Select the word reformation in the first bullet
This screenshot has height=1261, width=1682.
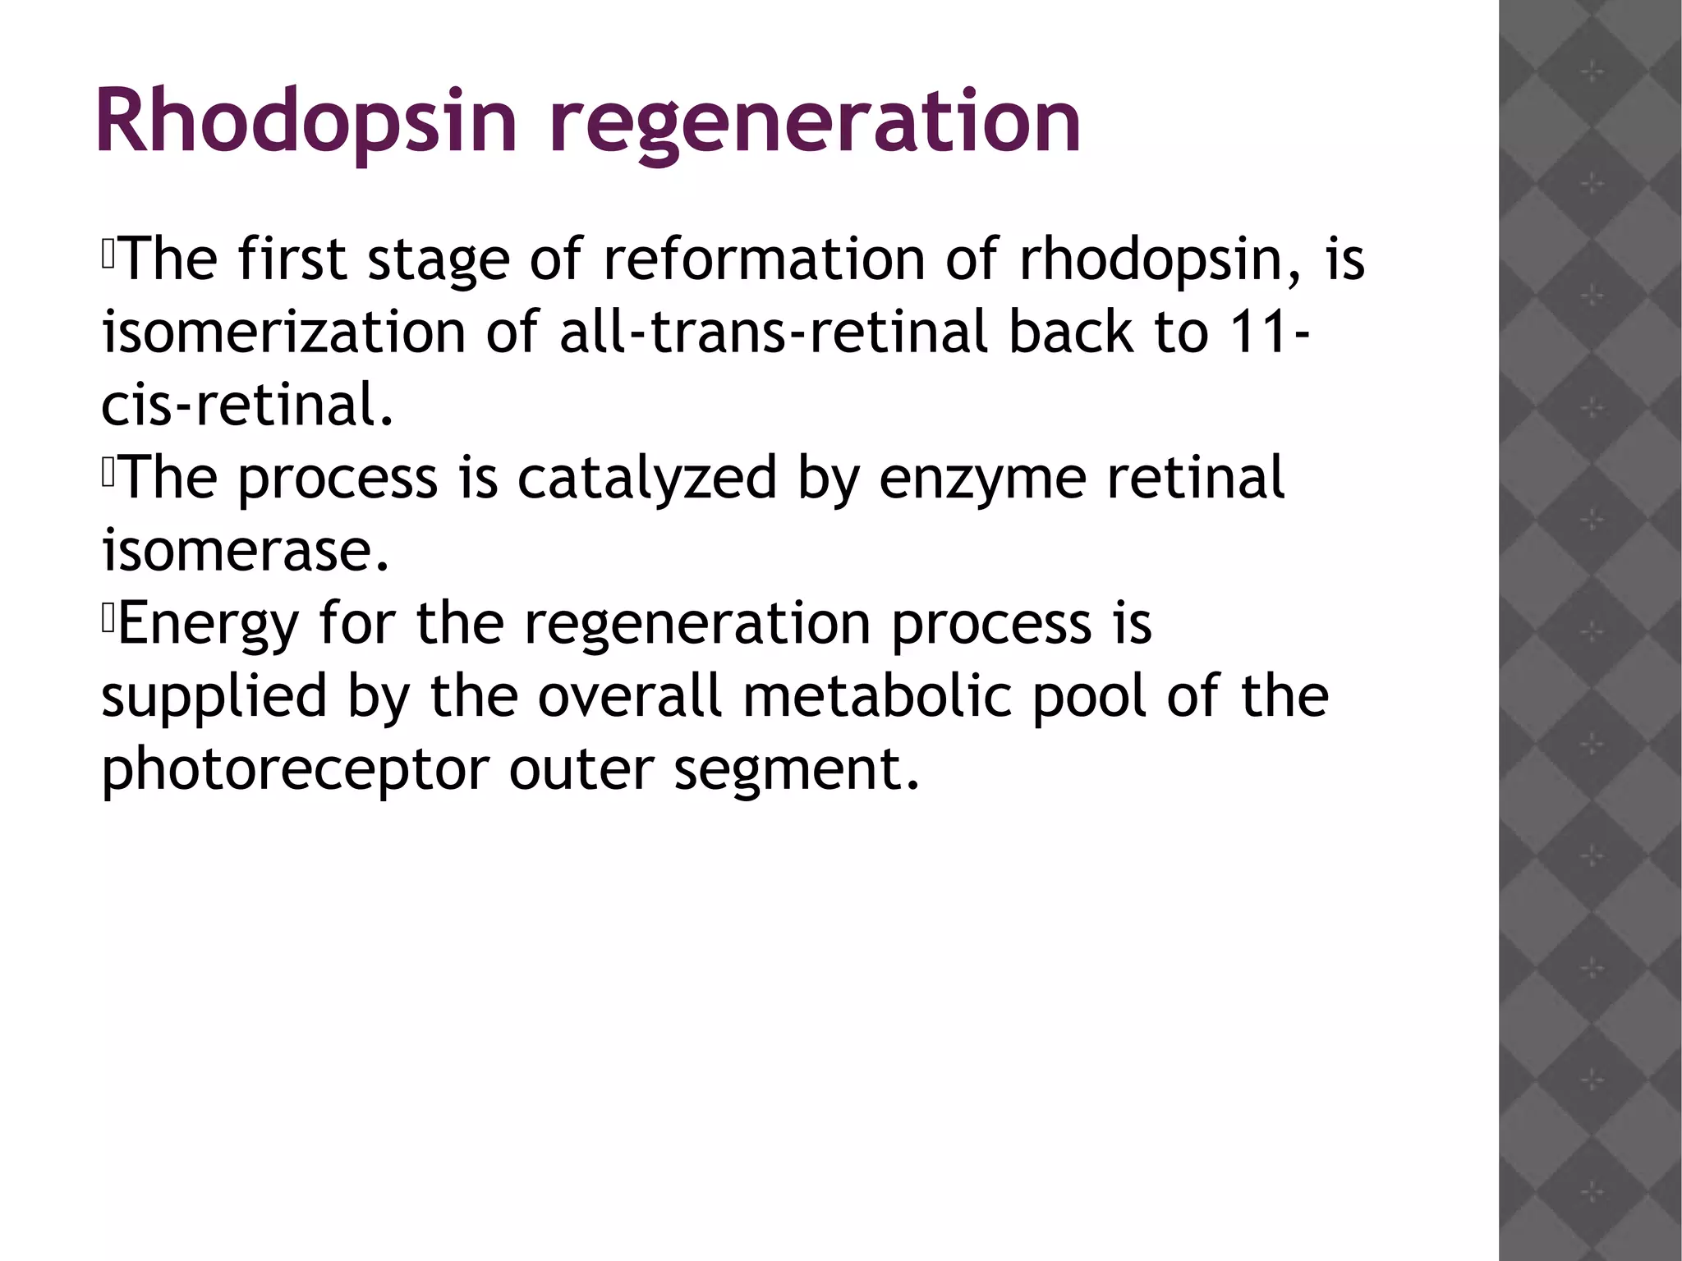(763, 259)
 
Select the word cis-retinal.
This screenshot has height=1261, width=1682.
(246, 406)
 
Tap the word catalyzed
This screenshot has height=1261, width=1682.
(646, 478)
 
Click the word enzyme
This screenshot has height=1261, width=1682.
(982, 478)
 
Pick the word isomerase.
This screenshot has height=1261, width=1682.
(244, 550)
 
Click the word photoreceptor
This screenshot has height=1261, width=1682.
(294, 769)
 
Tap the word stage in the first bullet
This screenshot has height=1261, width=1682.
(438, 259)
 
